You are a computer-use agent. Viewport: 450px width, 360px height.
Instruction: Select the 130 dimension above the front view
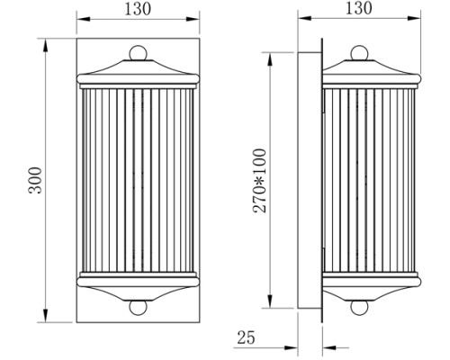coord(137,8)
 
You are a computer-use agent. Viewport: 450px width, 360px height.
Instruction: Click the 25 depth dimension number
coord(245,339)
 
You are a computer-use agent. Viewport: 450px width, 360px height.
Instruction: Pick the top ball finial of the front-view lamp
coord(137,53)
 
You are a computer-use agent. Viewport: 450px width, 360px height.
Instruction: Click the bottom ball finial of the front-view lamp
coord(137,306)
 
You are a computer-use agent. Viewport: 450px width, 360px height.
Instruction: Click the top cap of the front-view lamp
coord(137,70)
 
